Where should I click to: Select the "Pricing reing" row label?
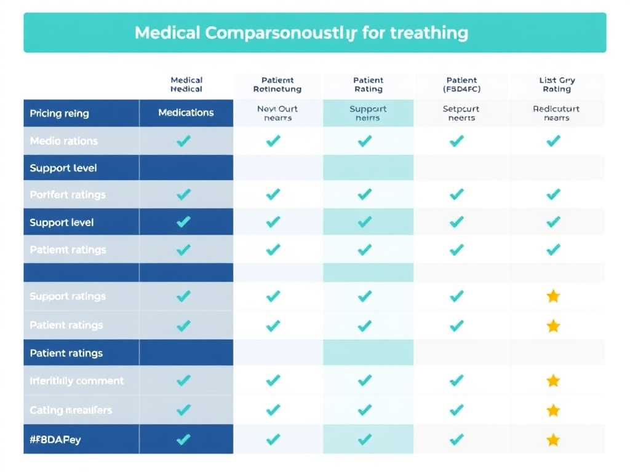59,113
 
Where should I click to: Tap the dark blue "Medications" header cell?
186,112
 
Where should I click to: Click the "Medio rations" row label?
63,141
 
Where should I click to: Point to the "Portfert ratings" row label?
68,195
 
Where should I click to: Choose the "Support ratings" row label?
67,296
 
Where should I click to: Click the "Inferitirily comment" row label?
76,381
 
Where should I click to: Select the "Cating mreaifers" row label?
71,410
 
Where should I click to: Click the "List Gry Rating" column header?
556,84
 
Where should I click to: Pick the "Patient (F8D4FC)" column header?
461,84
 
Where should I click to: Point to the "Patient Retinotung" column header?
277,84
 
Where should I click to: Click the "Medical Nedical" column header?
186,84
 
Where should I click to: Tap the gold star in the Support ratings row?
553,296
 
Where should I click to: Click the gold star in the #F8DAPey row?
553,439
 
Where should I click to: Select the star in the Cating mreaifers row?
553,410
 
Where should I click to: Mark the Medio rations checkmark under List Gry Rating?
553,141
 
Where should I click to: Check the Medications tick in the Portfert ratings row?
183,195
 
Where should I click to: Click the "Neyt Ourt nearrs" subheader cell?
277,113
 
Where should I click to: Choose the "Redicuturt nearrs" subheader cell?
556,113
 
